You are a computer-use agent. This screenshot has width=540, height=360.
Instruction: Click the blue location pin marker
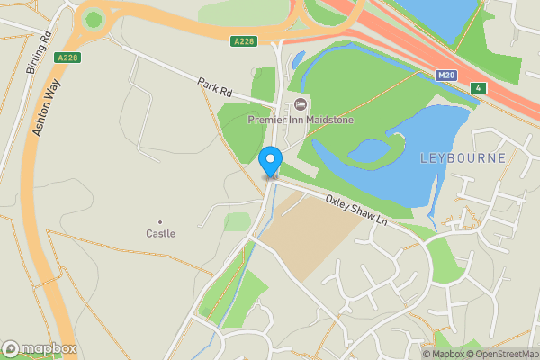[x=270, y=161]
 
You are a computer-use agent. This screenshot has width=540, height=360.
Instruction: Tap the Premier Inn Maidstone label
[x=301, y=120]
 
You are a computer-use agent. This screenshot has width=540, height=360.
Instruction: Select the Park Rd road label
[x=215, y=87]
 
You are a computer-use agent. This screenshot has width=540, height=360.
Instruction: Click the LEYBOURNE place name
[x=463, y=158]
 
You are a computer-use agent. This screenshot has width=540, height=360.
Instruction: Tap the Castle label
[x=161, y=234]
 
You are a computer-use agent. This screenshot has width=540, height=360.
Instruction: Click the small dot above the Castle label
[x=161, y=221]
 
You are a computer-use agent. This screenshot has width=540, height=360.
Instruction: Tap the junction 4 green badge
[x=479, y=87]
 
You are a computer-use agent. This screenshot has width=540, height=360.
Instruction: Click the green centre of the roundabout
[x=93, y=18]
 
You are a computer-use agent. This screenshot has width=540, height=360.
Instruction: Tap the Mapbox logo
[x=40, y=348]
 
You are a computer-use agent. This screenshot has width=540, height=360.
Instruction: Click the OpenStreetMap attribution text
[x=499, y=354]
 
